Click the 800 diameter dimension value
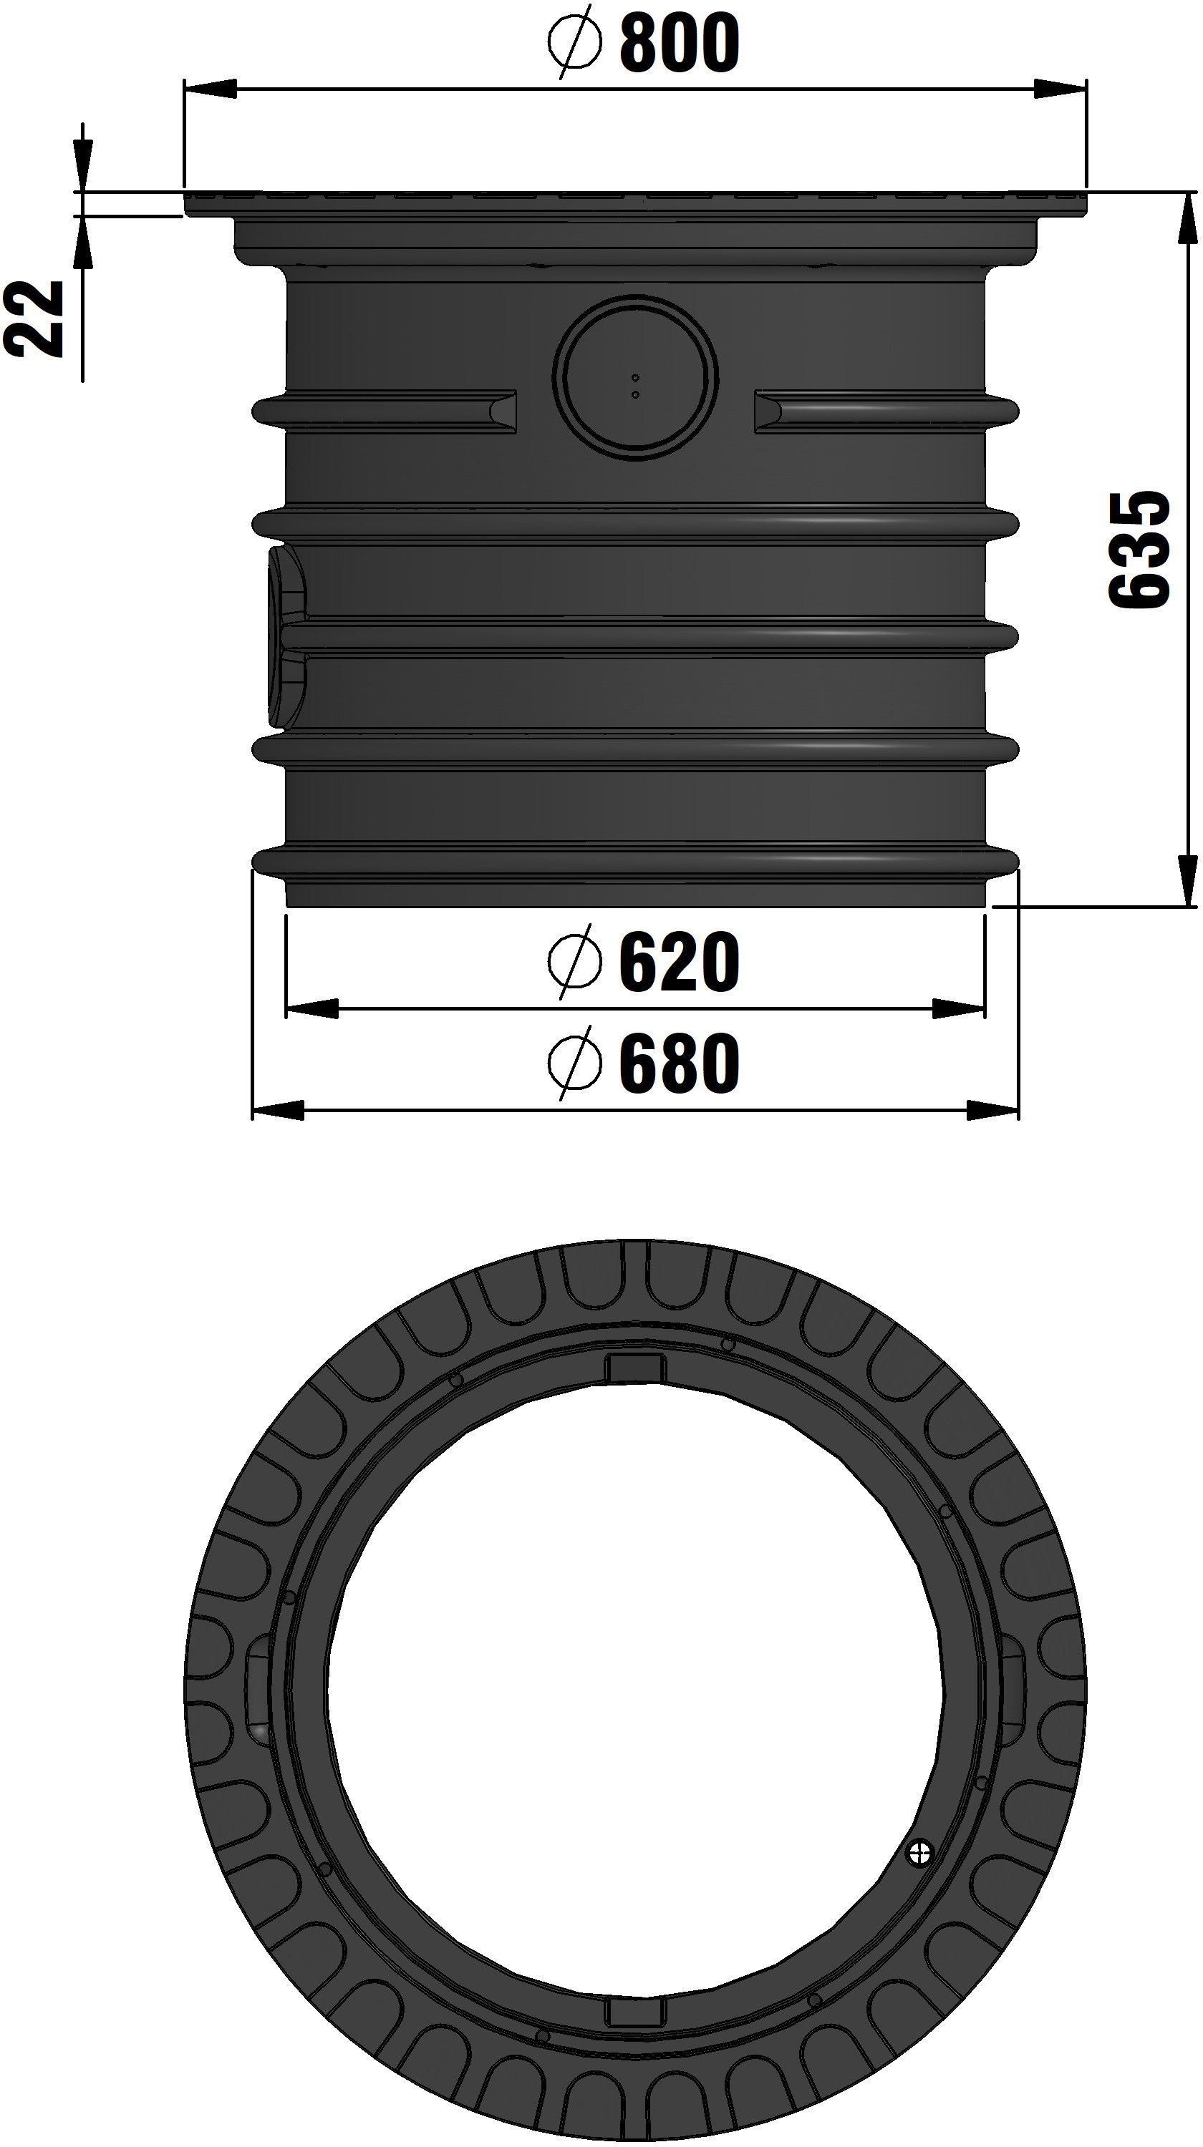coord(680,42)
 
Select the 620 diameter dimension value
coord(680,963)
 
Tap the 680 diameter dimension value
coord(680,1063)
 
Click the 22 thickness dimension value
coord(35,318)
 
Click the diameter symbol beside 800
coord(574,42)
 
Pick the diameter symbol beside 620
coord(574,963)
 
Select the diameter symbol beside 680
coord(574,1063)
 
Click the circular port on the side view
coord(635,376)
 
